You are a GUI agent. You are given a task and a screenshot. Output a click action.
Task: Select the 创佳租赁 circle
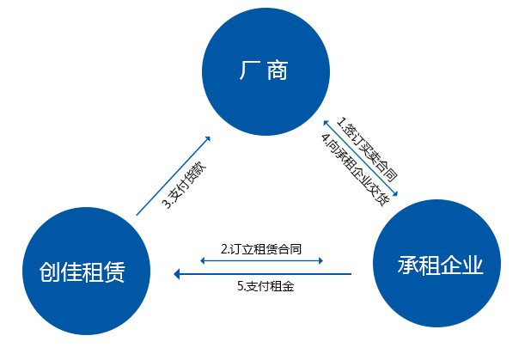82,272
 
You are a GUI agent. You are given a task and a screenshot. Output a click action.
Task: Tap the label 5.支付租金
265,287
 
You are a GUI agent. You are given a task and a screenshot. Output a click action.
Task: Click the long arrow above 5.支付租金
263,274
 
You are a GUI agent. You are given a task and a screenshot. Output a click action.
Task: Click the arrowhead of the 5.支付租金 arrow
177,274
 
